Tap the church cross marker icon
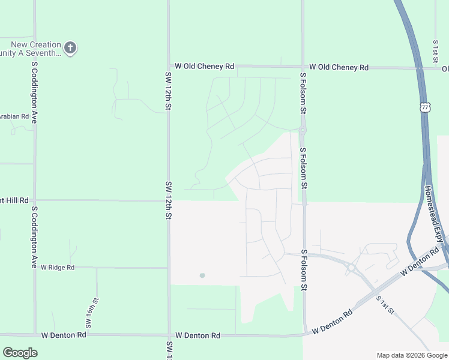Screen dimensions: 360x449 (70, 48)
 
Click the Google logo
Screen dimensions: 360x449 (20, 353)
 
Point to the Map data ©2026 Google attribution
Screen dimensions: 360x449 (411, 355)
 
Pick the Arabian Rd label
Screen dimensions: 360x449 (14, 116)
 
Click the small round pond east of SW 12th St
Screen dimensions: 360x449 (202, 275)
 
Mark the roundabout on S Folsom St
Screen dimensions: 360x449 (303, 130)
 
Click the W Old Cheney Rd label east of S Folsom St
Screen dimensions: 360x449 (339, 68)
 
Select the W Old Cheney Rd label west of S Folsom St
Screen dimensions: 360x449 (203, 67)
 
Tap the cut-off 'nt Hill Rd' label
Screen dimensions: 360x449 (14, 200)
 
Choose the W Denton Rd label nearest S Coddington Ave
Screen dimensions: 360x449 (58, 335)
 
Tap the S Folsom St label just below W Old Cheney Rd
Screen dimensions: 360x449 (303, 94)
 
